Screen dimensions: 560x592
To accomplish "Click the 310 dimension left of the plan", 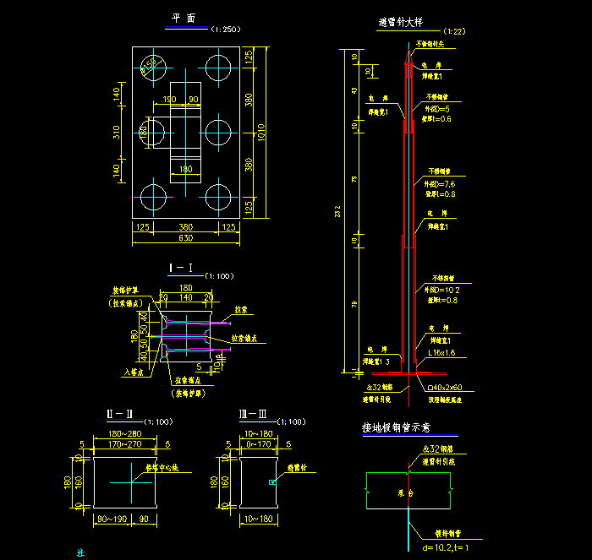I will [117, 132].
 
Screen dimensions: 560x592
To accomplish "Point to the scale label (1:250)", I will [225, 30].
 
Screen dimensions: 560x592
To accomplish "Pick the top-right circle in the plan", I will [218, 66].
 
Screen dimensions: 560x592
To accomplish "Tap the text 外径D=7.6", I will [439, 183].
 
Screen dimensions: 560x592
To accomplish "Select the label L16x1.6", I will [441, 351].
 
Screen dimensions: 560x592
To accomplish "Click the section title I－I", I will [181, 269].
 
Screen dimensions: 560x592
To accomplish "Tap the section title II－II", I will [119, 414].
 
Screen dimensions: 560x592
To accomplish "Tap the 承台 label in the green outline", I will [406, 492].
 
